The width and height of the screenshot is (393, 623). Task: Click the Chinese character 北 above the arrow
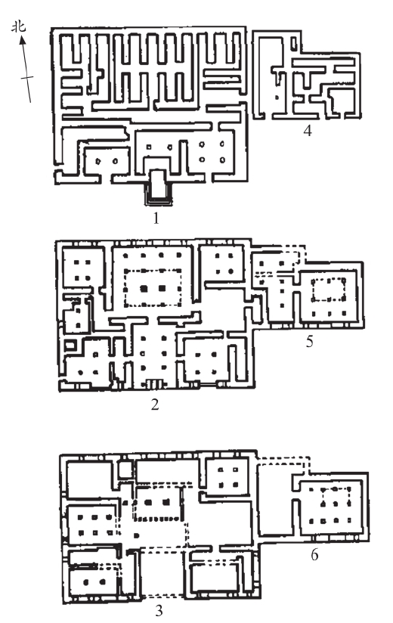point(18,26)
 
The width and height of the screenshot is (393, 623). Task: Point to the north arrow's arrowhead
point(22,39)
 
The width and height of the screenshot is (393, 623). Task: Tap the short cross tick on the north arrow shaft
point(27,78)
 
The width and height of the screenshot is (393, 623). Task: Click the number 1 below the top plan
point(156,219)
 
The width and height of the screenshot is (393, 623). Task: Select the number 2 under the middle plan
point(155,404)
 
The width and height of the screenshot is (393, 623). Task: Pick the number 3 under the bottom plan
point(159,610)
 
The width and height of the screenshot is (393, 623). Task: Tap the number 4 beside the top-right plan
point(308,130)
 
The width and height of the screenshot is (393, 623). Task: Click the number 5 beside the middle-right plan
point(310,341)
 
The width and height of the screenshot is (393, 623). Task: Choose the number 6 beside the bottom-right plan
point(314,555)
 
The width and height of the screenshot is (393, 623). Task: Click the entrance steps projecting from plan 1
point(158,187)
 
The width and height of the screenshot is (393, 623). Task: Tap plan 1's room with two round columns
point(107,160)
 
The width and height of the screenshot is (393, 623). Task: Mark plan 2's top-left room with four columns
point(82,270)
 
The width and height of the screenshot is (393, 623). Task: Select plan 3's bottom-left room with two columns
point(94,581)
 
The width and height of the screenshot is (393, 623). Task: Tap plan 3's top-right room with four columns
point(227,477)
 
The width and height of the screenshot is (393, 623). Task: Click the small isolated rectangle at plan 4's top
point(294,42)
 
